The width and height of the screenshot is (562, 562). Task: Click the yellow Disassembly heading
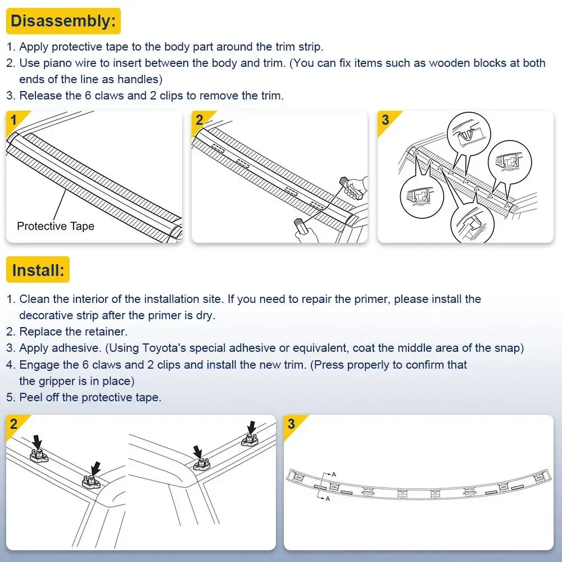64,21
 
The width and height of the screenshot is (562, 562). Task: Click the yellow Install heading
38,270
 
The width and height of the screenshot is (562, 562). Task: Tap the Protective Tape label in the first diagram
56,226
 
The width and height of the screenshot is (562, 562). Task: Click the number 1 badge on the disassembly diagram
13,120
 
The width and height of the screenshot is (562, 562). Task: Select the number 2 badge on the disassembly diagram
200,120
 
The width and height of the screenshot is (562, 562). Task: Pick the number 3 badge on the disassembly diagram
385,120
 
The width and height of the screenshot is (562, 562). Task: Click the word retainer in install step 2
107,332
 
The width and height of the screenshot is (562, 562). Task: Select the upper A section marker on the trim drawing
333,474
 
